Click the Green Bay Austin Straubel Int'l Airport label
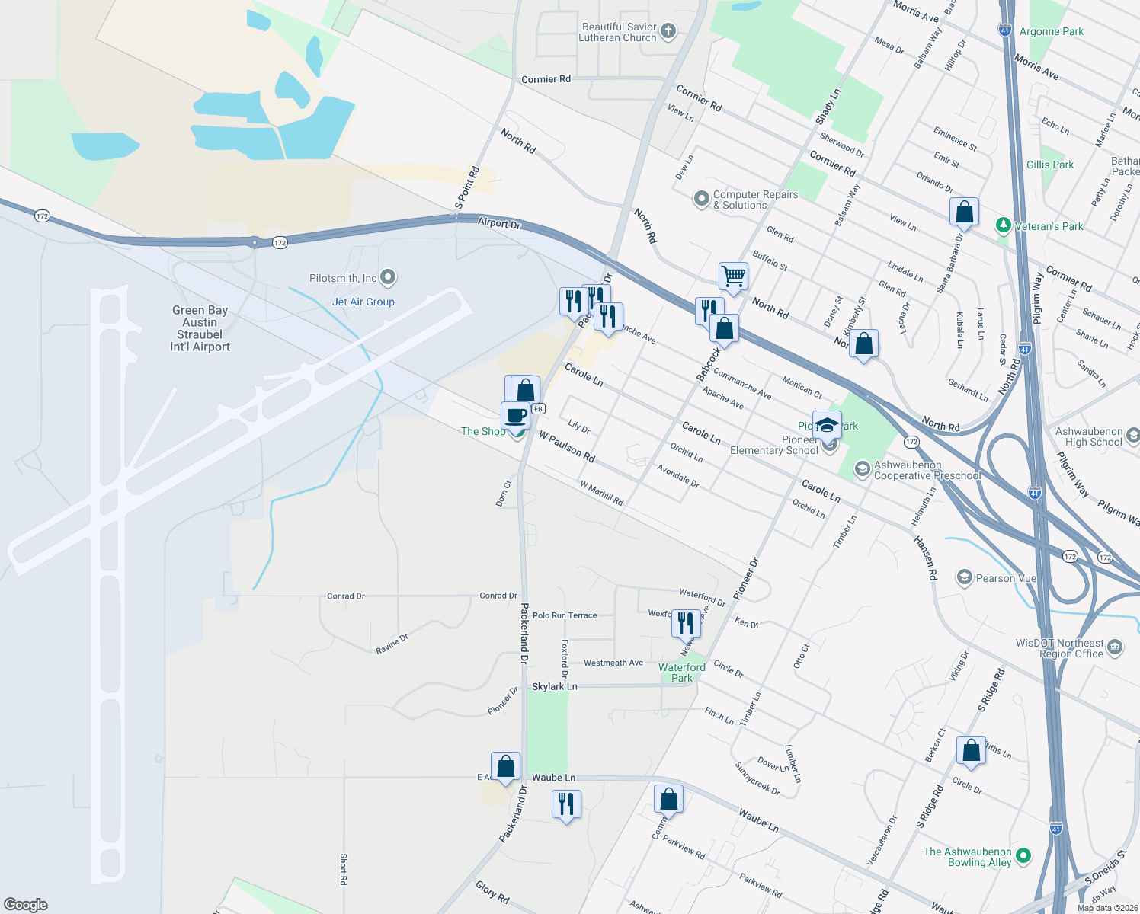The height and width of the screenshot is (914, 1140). pos(200,328)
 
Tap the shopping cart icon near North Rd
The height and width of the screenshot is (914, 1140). pos(733,276)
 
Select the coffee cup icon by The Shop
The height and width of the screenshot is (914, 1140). pos(516,416)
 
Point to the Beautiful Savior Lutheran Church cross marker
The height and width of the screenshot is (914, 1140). pos(668,32)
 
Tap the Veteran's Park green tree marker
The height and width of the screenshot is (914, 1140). pos(1004,226)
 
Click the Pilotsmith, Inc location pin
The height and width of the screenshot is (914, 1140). pos(388,278)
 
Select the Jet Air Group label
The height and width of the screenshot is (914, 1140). pos(363,302)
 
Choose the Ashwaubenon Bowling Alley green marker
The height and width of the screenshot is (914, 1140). pos(1023,856)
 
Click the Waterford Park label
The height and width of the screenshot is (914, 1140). pos(682,673)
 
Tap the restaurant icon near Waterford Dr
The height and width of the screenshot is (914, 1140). pos(686,623)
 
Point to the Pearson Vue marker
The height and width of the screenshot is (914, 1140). pos(965,578)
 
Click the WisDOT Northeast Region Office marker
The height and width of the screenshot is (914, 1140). pos(1115,648)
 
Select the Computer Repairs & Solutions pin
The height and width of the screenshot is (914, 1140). pos(701,200)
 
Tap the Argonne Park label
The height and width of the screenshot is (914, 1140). pos(1051,31)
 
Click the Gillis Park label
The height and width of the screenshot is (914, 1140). pos(1049,165)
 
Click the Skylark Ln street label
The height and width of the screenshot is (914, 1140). pos(555,686)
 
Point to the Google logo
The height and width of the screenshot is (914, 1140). pos(26,905)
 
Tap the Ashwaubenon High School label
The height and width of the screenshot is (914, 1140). pos(1094,436)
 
